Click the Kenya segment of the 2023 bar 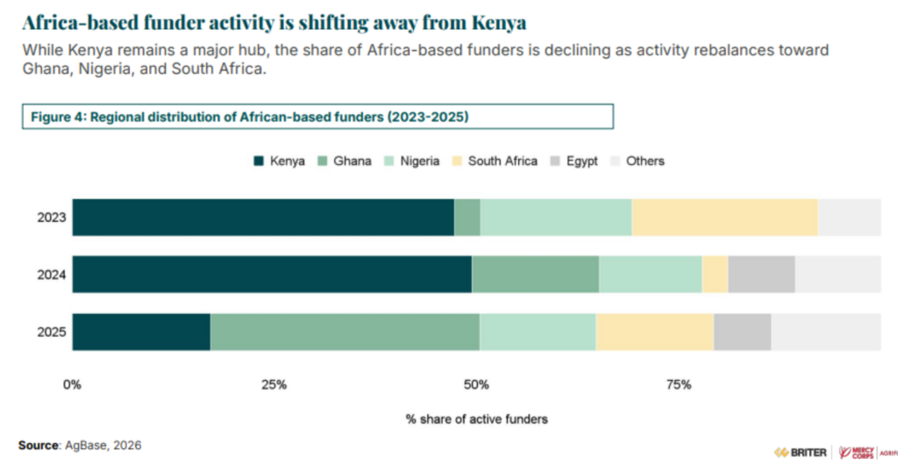pos(263,218)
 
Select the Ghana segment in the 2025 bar pos(345,332)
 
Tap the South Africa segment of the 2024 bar pos(715,275)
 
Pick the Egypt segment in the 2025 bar pos(742,332)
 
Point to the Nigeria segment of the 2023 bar pos(556,218)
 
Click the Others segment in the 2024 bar pos(837,275)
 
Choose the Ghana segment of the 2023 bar pos(467,218)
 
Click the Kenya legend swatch pos(259,161)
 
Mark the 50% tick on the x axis pos(476,384)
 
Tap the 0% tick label pos(73,384)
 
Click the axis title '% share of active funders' pos(476,419)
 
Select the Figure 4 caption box pos(317,117)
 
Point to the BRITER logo pos(799,451)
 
